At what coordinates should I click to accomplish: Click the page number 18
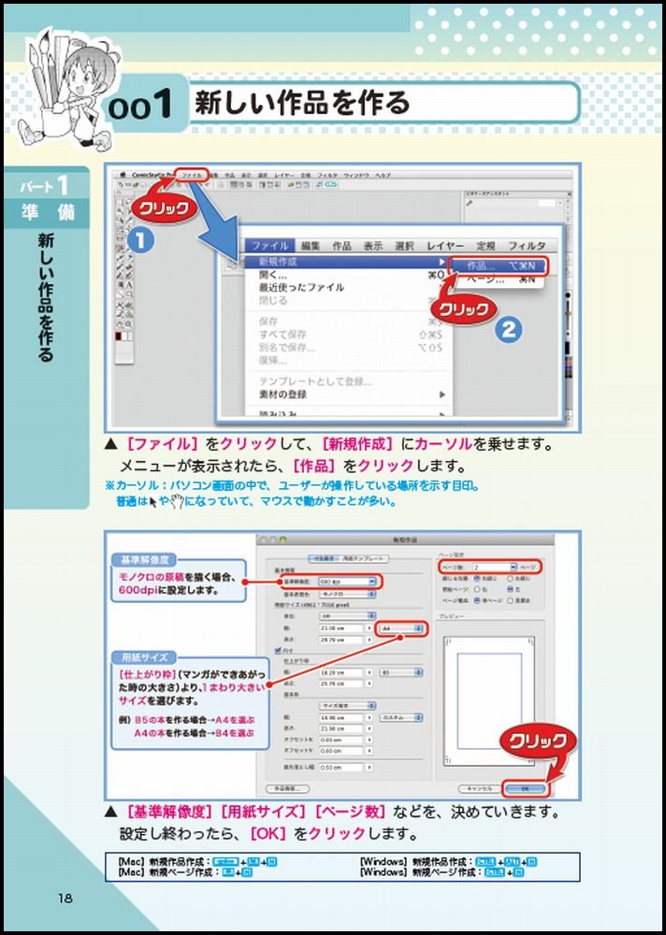point(65,899)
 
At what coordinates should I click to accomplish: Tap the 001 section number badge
point(140,105)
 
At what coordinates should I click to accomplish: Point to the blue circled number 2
point(506,329)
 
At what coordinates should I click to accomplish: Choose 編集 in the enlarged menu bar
point(311,245)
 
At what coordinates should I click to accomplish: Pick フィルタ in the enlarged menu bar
point(527,245)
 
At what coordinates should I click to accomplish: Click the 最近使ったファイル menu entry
point(301,288)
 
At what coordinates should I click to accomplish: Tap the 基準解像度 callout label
point(143,560)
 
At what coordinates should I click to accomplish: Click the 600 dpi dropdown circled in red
point(347,582)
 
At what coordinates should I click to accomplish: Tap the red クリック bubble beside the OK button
point(537,741)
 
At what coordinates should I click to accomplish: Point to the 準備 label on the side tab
point(48,211)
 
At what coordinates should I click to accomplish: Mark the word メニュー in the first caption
point(148,465)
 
